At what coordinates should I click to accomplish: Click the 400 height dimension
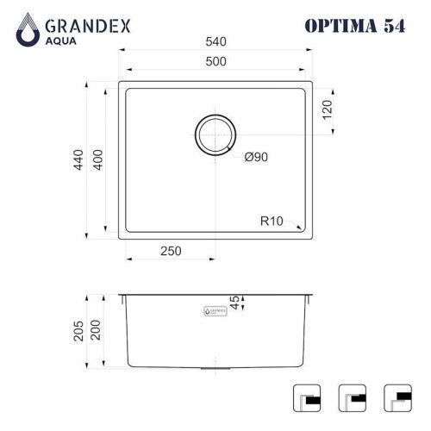tap(98, 159)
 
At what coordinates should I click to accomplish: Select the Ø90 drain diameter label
tap(256, 157)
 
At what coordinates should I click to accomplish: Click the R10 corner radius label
tap(273, 221)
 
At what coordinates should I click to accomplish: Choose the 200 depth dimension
tap(97, 330)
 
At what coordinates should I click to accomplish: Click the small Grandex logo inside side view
tap(214, 308)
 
